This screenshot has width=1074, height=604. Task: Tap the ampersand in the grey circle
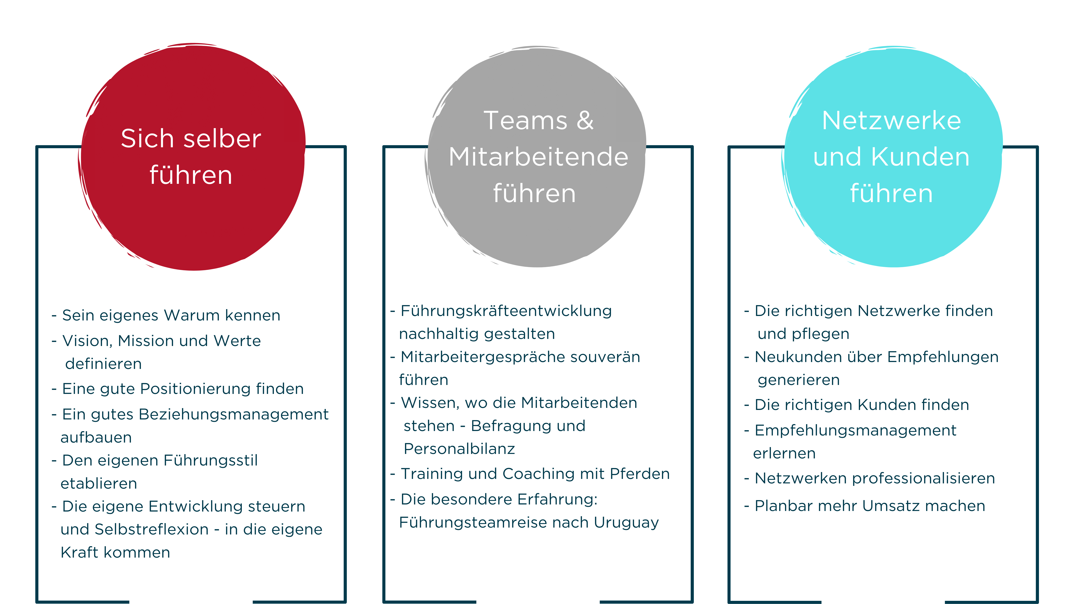(585, 121)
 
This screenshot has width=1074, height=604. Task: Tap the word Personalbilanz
(459, 449)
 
